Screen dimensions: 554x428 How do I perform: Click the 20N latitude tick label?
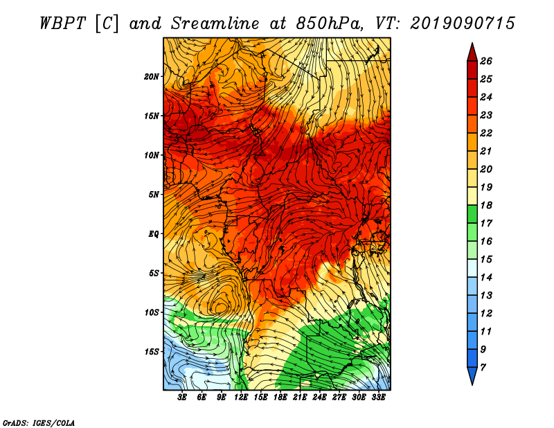pos(151,76)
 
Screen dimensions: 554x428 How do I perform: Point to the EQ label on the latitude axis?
pos(154,233)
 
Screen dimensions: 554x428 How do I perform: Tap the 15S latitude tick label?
pos(151,351)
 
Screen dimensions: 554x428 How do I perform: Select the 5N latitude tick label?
pos(154,195)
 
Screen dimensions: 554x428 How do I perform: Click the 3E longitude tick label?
pos(182,397)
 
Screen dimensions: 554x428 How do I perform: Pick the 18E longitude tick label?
pos(280,397)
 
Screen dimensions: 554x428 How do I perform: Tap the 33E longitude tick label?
pos(378,397)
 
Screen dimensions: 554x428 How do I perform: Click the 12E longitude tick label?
pos(241,397)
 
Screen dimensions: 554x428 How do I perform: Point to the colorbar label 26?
pos(486,61)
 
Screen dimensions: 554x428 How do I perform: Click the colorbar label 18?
pos(486,205)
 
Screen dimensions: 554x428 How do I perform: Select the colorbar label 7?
pos(483,368)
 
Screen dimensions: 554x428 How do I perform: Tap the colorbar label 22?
pos(486,133)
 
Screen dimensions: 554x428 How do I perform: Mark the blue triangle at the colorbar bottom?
pos(472,374)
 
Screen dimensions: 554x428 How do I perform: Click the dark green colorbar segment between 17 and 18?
pos(472,214)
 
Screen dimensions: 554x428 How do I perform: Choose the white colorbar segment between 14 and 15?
pos(472,268)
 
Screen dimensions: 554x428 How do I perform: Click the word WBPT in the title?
pos(63,24)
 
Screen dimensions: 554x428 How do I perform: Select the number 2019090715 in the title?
pos(463,24)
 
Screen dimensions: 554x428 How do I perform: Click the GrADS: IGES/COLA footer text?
pos(39,422)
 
